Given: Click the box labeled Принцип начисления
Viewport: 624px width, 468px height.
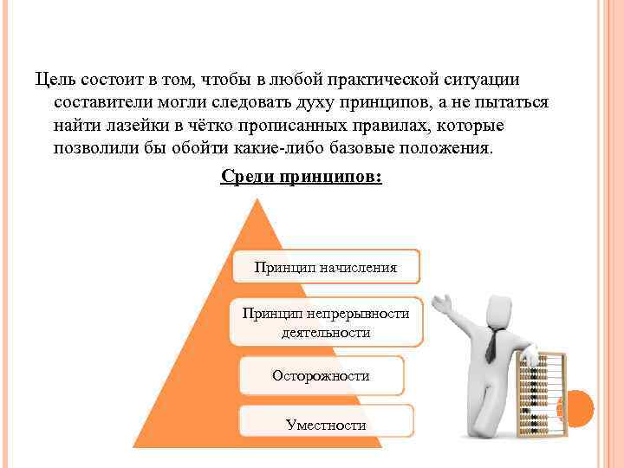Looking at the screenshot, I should click(326, 267).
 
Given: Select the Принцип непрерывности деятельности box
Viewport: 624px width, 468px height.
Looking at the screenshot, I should click(326, 322).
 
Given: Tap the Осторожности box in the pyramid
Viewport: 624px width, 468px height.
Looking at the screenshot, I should click(321, 376).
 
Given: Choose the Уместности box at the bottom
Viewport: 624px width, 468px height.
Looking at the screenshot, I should click(326, 425).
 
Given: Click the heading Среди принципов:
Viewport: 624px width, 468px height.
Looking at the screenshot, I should click(301, 177).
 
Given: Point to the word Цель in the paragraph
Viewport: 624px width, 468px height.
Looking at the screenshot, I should click(54, 81).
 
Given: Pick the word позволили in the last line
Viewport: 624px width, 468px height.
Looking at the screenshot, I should click(96, 147).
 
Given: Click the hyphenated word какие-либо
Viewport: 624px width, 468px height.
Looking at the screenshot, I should click(280, 147).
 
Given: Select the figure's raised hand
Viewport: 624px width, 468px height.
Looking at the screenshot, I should click(443, 302).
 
